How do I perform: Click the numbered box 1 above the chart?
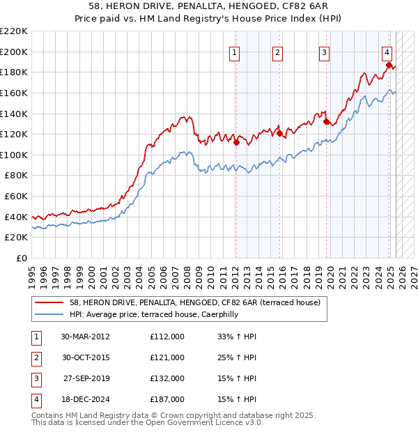coord(235,51)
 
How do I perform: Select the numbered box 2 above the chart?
coord(277,51)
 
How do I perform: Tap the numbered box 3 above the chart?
coord(325,51)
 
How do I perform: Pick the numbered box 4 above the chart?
coord(387,51)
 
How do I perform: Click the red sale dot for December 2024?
coord(389,65)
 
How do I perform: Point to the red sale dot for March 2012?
coord(236,142)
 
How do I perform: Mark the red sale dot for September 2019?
coord(326,121)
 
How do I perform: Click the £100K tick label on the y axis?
coord(14,155)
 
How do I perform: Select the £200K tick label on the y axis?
coord(14,52)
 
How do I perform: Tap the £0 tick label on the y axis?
coord(21,258)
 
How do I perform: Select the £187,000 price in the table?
coord(167,400)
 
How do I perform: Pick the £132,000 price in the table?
coord(167,379)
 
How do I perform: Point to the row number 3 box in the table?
coord(36,379)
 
